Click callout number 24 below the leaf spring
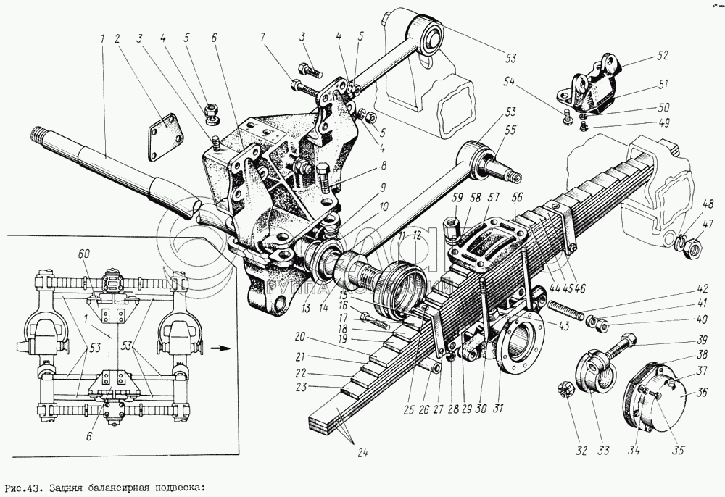point(363,454)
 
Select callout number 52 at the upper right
point(663,55)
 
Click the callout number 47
point(708,225)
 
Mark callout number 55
point(510,131)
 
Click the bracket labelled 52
point(594,87)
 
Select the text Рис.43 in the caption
point(21,487)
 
